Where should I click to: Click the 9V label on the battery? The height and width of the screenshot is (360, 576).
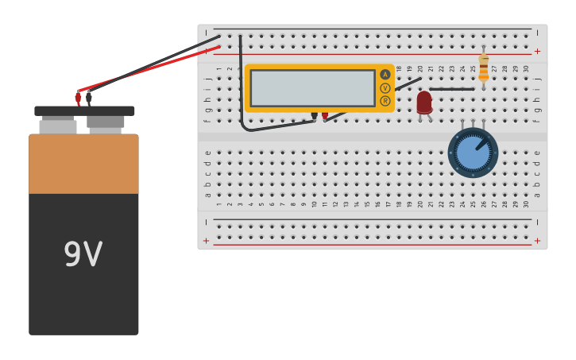83,255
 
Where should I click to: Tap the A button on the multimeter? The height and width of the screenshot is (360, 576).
385,75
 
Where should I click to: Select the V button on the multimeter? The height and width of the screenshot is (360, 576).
385,88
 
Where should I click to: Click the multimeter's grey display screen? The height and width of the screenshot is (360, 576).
312,87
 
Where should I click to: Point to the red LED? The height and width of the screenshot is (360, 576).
424,103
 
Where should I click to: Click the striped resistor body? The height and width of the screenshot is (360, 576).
483,68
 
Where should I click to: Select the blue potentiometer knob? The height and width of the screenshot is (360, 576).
473,153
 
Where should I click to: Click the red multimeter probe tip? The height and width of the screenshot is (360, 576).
325,116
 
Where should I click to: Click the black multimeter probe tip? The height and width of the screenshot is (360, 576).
315,116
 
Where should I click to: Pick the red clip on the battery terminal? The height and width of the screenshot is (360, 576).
78,98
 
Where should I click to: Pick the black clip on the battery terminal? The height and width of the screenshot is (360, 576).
89,98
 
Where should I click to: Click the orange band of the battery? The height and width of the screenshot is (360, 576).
83,164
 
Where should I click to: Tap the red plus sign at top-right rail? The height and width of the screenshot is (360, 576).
537,51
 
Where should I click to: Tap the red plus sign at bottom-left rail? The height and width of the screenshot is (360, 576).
207,241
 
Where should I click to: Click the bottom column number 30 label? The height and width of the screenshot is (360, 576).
526,203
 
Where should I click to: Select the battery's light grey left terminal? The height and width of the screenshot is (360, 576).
58,126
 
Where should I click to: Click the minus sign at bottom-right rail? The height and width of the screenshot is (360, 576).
537,223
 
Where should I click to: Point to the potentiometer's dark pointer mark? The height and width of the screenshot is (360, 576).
481,144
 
